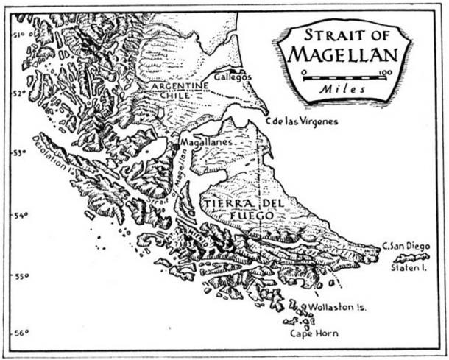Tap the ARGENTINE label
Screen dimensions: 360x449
pos(180,86)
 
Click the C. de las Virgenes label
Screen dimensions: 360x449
pos(301,121)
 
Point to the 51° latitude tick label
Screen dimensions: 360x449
pos(18,33)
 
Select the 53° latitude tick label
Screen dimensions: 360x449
pos(19,153)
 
